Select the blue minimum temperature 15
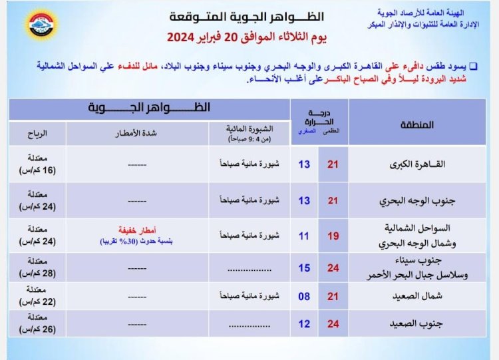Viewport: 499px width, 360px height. coord(304,268)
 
